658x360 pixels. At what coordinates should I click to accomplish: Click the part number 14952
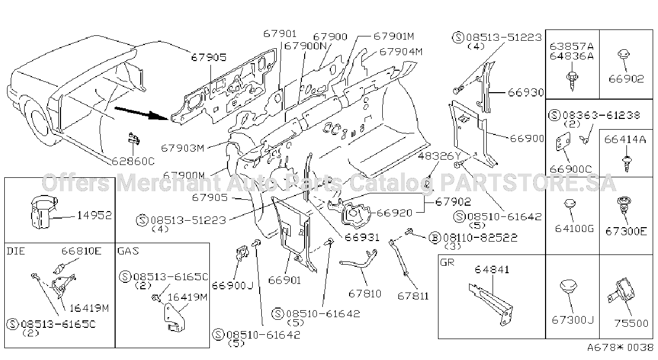click(94, 215)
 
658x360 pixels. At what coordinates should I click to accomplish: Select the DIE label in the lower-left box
click(16, 251)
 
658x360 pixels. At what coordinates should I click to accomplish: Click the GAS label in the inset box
click(128, 251)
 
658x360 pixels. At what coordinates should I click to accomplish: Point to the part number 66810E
click(81, 251)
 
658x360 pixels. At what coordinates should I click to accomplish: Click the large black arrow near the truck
click(141, 113)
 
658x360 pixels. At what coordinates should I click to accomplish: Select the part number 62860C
click(133, 161)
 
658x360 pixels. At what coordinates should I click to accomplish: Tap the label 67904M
click(401, 52)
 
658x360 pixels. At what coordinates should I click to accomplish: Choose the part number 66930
click(526, 93)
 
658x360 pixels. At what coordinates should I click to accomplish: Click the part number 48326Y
click(440, 156)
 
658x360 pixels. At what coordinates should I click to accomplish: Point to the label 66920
click(395, 213)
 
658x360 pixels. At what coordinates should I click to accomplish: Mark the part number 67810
click(365, 294)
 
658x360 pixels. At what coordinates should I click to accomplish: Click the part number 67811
click(413, 296)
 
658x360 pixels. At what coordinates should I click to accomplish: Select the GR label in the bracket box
click(447, 262)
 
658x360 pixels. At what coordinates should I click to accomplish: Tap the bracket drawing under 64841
click(490, 304)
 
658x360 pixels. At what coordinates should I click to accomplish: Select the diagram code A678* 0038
click(620, 348)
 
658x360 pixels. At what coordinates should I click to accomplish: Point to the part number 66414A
click(625, 140)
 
